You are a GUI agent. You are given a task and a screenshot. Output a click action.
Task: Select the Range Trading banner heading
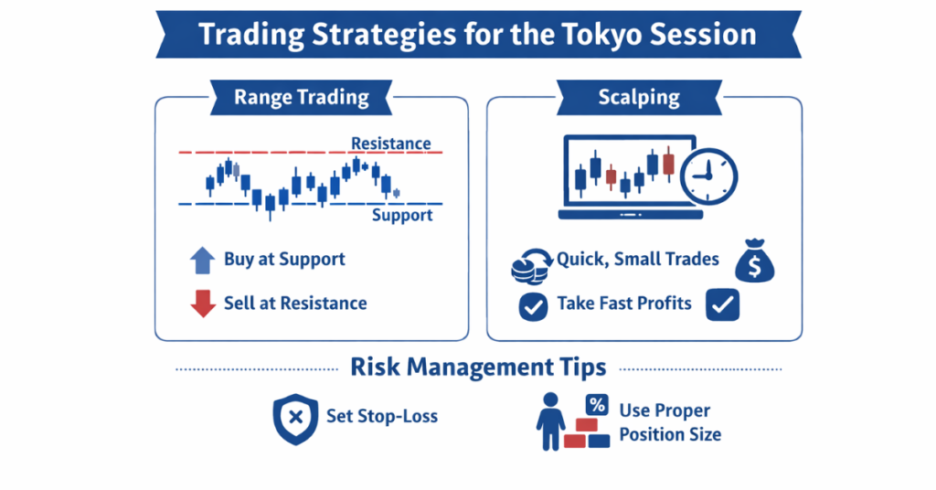(x=302, y=97)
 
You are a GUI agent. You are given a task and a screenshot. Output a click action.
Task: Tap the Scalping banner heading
(x=637, y=97)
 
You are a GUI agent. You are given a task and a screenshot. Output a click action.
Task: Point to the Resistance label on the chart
(x=391, y=144)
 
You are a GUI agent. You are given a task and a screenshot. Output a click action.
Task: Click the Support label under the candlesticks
(x=402, y=216)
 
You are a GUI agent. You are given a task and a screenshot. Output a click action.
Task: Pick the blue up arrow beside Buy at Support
(x=202, y=260)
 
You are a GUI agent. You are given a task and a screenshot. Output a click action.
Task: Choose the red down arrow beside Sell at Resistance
(x=202, y=304)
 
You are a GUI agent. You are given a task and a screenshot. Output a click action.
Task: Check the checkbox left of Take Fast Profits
(x=533, y=306)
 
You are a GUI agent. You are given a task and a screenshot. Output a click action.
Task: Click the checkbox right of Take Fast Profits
(x=722, y=306)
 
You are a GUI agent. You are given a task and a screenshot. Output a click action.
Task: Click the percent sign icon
(x=597, y=404)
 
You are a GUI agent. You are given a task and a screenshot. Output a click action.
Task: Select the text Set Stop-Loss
(x=382, y=417)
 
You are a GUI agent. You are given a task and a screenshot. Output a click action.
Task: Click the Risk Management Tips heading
(x=478, y=367)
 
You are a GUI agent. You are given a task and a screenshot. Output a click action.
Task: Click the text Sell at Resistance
(x=295, y=304)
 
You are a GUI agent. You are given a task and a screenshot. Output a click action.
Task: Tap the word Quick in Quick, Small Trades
(x=581, y=260)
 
